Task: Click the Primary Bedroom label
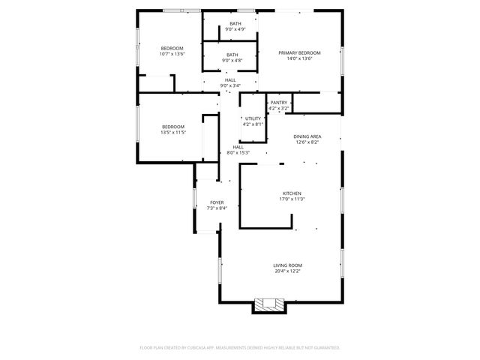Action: (x=299, y=52)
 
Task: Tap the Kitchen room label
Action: (x=292, y=193)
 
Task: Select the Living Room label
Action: (x=287, y=265)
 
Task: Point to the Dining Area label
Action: (x=307, y=136)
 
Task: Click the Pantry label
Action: (x=279, y=103)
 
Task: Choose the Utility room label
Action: (x=253, y=118)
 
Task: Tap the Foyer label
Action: (x=217, y=202)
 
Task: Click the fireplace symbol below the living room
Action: (x=268, y=304)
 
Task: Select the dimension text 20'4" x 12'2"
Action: (x=287, y=271)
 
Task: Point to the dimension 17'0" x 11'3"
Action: (x=292, y=199)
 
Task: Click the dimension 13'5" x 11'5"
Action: (x=172, y=132)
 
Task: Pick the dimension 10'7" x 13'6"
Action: (x=172, y=54)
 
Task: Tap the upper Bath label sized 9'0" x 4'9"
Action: (x=235, y=24)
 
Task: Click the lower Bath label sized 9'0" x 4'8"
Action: (x=232, y=54)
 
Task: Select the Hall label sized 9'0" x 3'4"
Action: (x=229, y=79)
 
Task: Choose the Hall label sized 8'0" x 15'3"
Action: (x=238, y=147)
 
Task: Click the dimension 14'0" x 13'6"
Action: (x=299, y=58)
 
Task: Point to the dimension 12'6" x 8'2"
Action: (x=307, y=142)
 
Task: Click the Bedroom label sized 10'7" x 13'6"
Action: (x=172, y=48)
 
